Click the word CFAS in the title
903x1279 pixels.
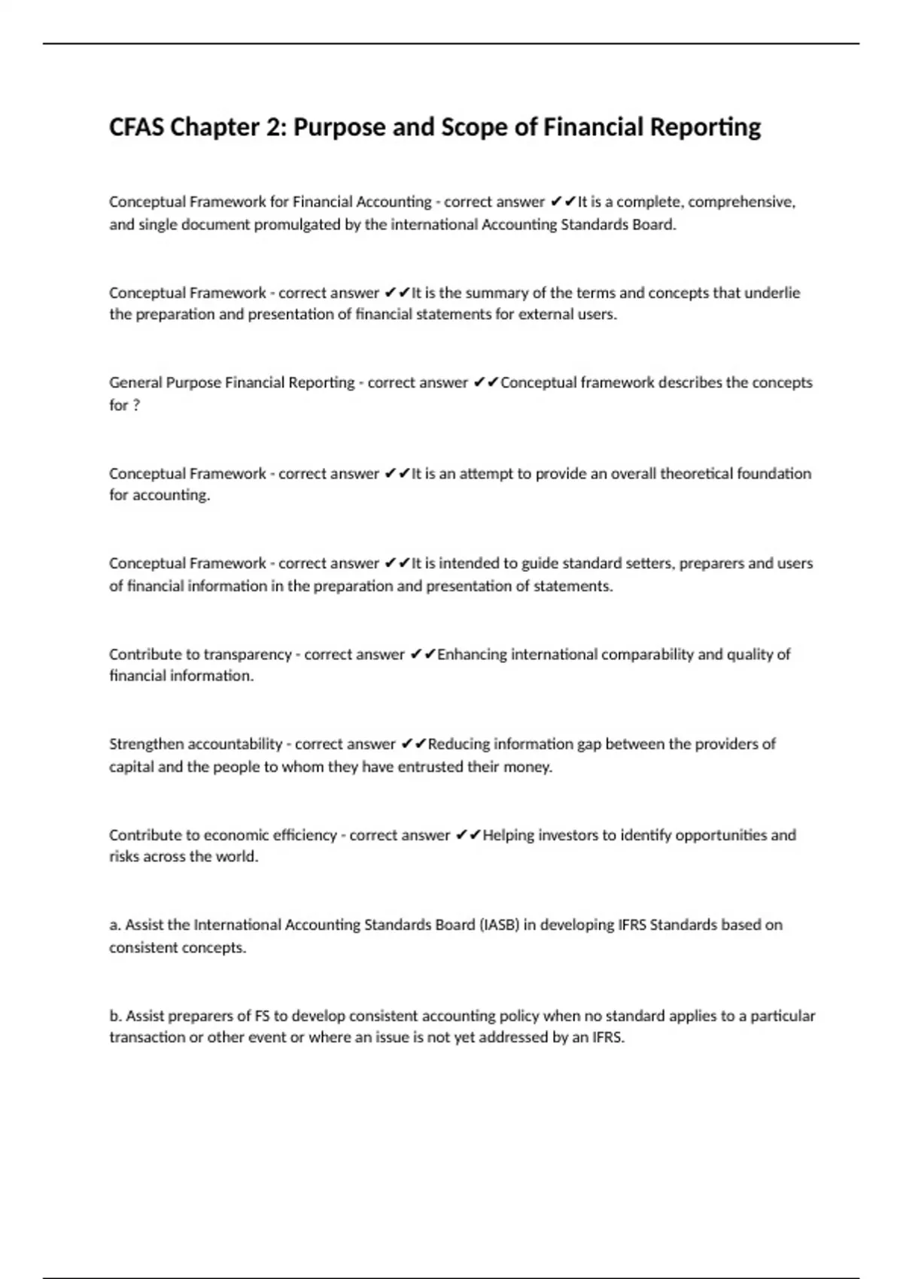137,127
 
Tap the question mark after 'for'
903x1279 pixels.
136,405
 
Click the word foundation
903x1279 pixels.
774,473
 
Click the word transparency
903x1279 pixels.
248,655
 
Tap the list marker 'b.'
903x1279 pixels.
116,1016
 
